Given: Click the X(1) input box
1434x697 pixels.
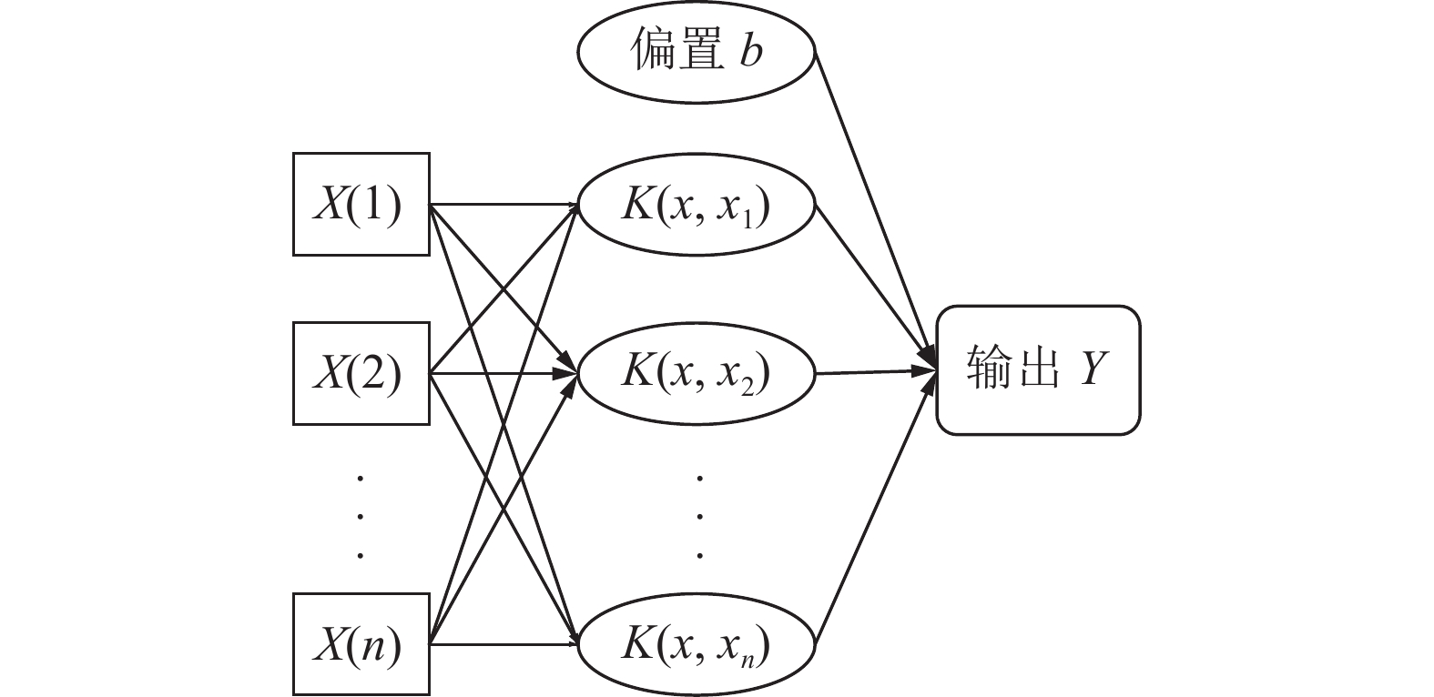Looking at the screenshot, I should (361, 204).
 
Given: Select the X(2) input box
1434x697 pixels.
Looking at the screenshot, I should (361, 373).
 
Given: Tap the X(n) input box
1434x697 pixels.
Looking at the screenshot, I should (361, 644).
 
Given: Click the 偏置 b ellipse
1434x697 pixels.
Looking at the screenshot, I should (696, 51).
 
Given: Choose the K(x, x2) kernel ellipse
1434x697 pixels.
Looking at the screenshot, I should (696, 373).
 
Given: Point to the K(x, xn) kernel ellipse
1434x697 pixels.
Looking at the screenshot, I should (696, 646).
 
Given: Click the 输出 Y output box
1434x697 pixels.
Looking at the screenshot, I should (1038, 370).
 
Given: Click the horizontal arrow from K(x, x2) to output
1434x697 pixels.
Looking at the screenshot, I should (874, 372).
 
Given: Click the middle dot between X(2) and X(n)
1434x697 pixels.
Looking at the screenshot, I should (361, 515).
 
